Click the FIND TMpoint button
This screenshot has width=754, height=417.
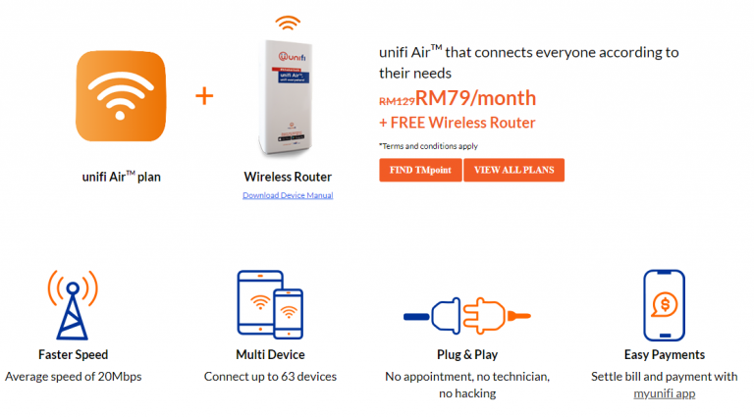(x=420, y=170)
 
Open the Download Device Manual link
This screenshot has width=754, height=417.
(x=288, y=195)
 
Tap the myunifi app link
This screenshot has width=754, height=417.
(x=665, y=393)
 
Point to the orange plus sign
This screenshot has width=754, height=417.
(x=204, y=96)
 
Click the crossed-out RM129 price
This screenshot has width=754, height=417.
(x=397, y=100)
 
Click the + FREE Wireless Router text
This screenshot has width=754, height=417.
(x=458, y=123)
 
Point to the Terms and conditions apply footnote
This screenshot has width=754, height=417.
(x=428, y=145)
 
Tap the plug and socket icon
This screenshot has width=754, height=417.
(x=467, y=316)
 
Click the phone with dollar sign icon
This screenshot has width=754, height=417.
(x=664, y=305)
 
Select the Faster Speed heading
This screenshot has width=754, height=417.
(x=73, y=354)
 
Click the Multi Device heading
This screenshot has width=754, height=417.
(x=270, y=354)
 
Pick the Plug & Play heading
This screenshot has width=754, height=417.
(x=467, y=354)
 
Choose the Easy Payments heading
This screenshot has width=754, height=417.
(x=665, y=354)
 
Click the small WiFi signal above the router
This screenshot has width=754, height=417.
(x=288, y=23)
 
